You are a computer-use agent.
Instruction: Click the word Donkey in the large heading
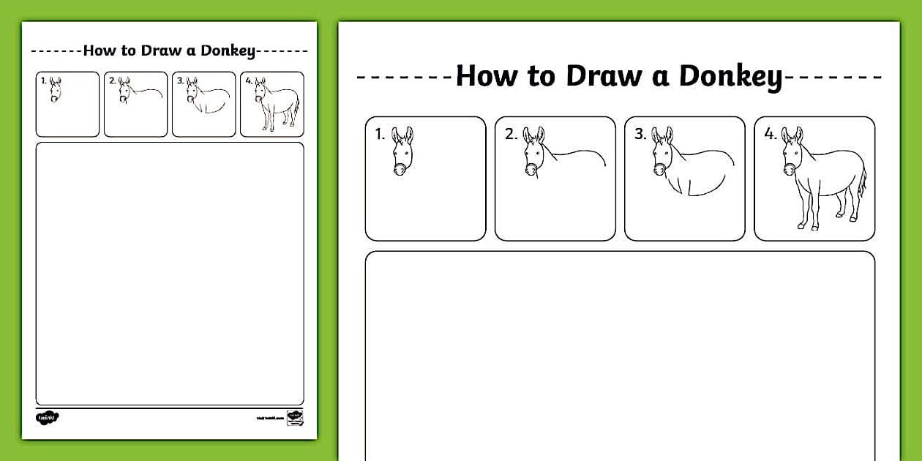[730, 76]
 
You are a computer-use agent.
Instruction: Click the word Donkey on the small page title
[228, 50]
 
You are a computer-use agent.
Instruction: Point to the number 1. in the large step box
[380, 134]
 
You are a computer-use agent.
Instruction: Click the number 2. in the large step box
[510, 134]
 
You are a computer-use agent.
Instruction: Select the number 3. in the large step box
[640, 134]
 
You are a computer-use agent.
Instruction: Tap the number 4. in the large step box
[771, 134]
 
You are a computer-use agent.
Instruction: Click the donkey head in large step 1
[402, 152]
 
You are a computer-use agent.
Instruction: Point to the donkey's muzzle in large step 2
[531, 170]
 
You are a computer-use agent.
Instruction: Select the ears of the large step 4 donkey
[792, 135]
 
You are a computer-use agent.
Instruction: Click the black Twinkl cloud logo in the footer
[47, 417]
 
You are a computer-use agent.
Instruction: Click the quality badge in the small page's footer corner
[295, 417]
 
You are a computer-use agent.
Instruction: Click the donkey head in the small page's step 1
[55, 90]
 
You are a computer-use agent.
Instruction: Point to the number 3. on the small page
[180, 80]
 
